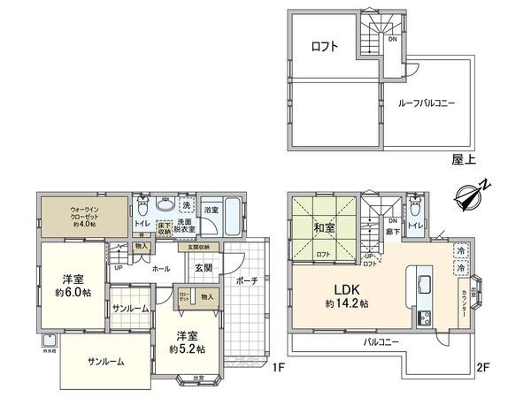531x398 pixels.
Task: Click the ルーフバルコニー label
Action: click(x=431, y=103)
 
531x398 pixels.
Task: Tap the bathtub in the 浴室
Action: click(x=233, y=217)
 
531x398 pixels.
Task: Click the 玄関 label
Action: click(x=203, y=268)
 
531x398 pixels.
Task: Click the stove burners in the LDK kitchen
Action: click(x=420, y=317)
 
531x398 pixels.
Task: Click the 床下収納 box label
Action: click(x=164, y=230)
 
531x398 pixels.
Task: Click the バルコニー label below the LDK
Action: click(x=381, y=341)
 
